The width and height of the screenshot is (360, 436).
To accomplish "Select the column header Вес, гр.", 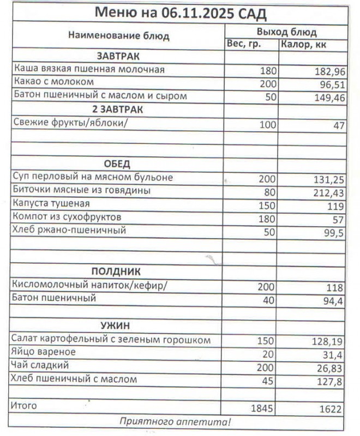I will (243, 45).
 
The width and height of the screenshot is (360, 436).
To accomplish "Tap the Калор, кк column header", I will (304, 45).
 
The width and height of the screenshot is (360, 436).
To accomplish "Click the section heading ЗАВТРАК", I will (118, 57).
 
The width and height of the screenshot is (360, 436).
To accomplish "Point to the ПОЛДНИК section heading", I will (116, 271).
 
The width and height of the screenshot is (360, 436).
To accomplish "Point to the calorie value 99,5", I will (332, 232).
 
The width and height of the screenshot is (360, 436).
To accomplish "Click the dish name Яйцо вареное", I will (44, 353).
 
